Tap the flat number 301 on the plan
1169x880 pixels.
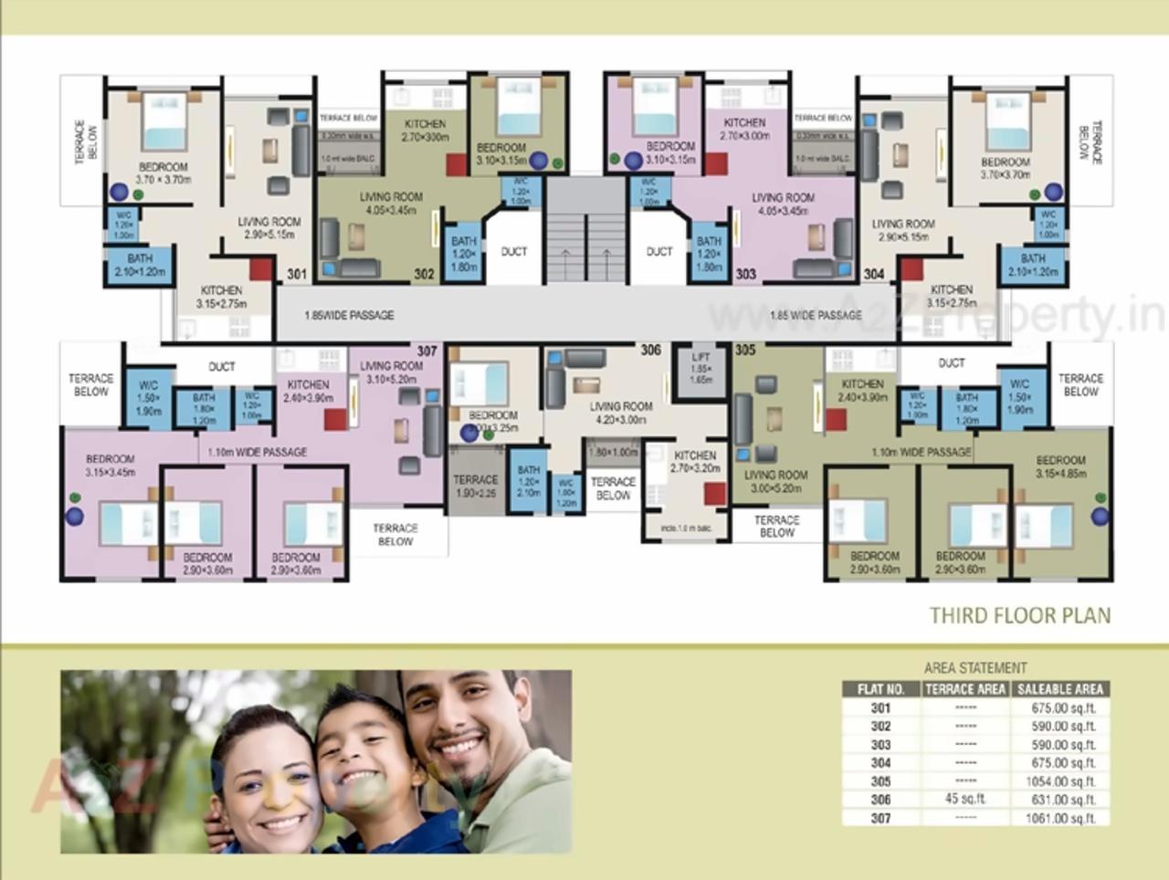click(297, 274)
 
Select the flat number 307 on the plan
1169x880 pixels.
click(427, 351)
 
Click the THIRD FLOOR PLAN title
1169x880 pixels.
click(1020, 615)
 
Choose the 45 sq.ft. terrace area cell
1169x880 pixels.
click(965, 800)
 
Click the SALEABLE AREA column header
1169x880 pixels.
click(1061, 689)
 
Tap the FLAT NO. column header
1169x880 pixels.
click(880, 689)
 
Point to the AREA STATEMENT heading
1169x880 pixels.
click(975, 668)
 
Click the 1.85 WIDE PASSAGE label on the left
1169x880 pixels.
click(350, 316)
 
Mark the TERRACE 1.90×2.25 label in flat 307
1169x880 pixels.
click(476, 486)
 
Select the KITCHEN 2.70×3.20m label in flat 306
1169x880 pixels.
click(695, 461)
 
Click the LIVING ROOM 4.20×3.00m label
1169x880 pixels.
click(621, 413)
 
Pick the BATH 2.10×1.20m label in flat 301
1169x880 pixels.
click(140, 265)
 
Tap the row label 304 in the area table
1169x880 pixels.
click(880, 763)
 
